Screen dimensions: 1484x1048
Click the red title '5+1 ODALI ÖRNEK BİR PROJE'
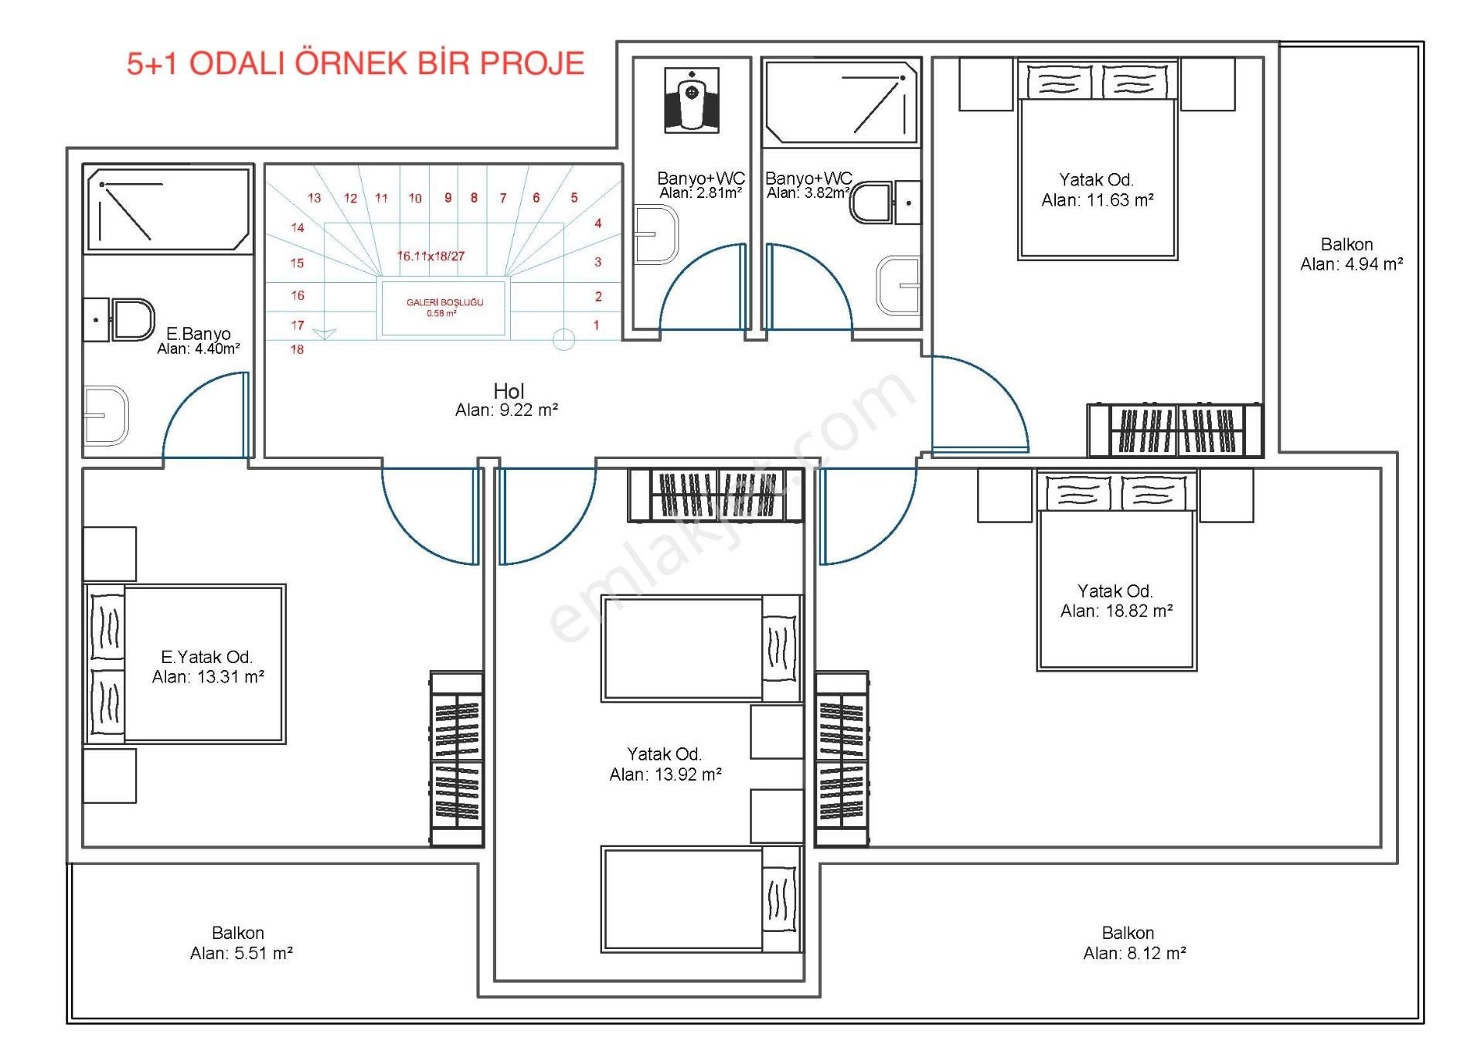[356, 63]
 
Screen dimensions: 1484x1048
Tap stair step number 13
[314, 198]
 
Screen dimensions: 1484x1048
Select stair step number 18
[297, 349]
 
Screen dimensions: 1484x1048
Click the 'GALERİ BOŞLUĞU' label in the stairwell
[445, 302]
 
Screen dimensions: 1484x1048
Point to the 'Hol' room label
[509, 391]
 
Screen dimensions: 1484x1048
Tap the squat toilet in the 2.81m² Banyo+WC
[692, 100]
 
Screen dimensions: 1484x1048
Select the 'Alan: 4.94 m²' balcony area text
[1352, 264]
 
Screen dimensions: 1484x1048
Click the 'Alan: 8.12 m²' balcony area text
[1135, 954]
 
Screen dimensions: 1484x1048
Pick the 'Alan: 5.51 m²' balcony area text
[241, 954]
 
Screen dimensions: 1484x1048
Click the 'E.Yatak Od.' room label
[207, 657]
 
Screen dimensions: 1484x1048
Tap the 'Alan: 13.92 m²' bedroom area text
[665, 774]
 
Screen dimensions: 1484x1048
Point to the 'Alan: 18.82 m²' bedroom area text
[1117, 611]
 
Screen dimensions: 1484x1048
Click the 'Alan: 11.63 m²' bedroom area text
[1098, 200]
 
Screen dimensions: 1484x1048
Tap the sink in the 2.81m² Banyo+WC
[656, 234]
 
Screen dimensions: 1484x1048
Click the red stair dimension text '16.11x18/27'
[431, 256]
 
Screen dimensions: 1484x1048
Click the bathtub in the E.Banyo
[168, 209]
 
